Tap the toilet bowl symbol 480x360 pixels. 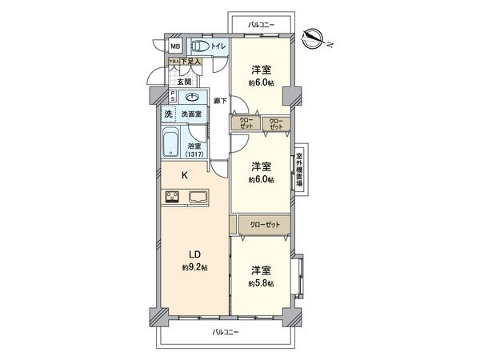(x=201, y=47)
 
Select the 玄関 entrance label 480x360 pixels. (x=183, y=81)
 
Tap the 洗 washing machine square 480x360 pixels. (x=169, y=114)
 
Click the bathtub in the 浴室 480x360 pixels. (x=172, y=145)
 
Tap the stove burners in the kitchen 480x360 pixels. (x=171, y=196)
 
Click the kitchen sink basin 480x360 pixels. (x=198, y=196)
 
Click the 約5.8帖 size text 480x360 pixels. (x=261, y=283)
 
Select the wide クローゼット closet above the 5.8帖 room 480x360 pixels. (x=265, y=226)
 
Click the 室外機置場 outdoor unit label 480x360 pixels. (x=299, y=169)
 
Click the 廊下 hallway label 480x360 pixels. (x=220, y=101)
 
